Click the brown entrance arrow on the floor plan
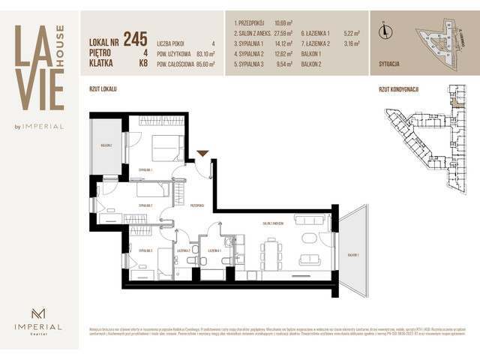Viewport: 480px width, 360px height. [x=202, y=154]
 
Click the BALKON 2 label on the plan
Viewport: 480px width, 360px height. [x=106, y=145]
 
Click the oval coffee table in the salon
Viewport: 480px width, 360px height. [x=310, y=239]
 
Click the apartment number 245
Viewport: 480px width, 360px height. [x=135, y=39]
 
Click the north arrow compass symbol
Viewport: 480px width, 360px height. [x=385, y=31]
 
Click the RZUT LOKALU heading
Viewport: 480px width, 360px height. [x=103, y=89]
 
